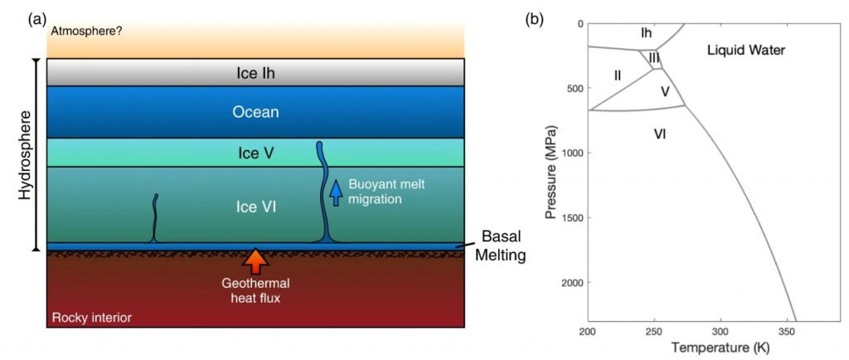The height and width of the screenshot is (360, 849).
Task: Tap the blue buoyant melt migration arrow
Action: tap(336, 192)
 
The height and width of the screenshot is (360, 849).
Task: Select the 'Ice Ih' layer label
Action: tap(255, 73)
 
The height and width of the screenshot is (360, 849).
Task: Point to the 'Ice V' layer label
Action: tap(255, 153)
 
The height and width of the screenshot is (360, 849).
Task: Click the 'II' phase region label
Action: tap(618, 75)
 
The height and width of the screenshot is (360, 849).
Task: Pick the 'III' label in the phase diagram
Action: tap(654, 58)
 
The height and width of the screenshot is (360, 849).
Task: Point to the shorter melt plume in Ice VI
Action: tap(154, 218)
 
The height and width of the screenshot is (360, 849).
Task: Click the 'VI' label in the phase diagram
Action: tap(660, 133)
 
